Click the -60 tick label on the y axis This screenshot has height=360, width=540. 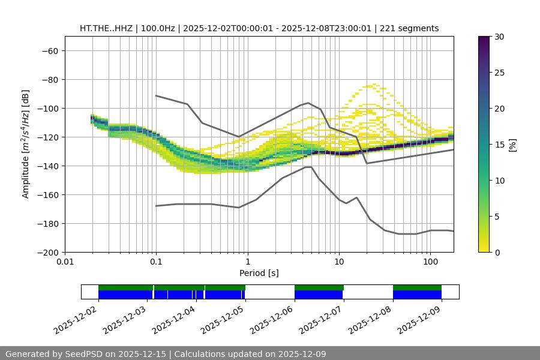49,50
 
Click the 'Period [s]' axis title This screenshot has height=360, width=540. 259,273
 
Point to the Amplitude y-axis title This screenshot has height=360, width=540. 26,144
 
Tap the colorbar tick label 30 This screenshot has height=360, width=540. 498,37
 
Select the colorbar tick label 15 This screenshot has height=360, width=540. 498,145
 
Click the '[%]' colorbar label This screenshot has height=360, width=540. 512,145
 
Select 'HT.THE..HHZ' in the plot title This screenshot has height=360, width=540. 106,28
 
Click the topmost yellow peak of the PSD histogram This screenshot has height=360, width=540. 374,85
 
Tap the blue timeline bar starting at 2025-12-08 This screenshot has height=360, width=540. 417,295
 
